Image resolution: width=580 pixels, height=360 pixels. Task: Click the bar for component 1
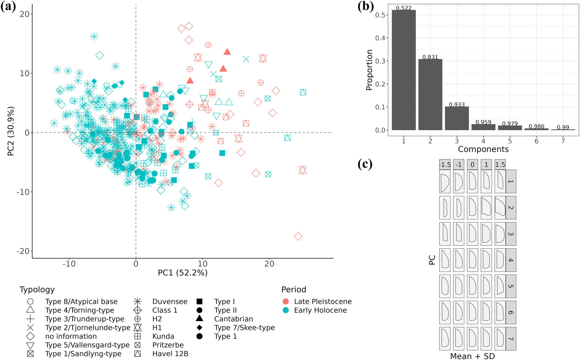point(404,70)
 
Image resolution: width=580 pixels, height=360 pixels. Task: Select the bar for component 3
point(457,118)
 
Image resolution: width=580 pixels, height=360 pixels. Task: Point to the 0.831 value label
point(430,57)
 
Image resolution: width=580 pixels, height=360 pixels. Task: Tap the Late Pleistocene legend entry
point(322,302)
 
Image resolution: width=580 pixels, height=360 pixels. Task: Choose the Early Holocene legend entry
point(320,310)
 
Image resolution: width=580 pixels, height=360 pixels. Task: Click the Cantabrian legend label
point(233,319)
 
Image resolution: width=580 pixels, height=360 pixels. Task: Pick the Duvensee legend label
point(170,302)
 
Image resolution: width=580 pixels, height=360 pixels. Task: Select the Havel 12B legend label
point(170,354)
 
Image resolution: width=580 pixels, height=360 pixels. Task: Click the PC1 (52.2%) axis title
point(183,273)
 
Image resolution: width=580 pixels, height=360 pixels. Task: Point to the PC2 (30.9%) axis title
point(11,131)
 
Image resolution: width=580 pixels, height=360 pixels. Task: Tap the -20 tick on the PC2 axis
point(23,251)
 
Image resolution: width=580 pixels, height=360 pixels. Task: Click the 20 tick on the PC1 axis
point(269,264)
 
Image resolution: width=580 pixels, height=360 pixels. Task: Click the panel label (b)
point(366,7)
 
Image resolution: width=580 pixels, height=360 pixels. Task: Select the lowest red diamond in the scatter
point(298,236)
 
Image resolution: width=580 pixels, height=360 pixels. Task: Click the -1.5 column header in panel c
point(445,164)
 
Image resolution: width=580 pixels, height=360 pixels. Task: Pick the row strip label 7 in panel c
point(511,338)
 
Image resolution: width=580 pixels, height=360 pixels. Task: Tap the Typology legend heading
point(37,289)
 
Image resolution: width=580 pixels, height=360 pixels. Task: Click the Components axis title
point(483,149)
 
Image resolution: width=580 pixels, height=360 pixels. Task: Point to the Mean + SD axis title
point(472,356)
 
